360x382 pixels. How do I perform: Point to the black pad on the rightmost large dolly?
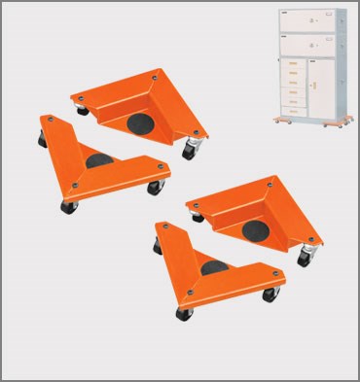255,227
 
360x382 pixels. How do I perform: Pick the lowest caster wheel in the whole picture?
183,313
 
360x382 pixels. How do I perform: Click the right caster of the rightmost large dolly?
305,259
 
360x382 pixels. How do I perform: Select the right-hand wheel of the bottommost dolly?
274,294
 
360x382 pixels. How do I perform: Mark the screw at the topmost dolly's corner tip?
155,74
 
